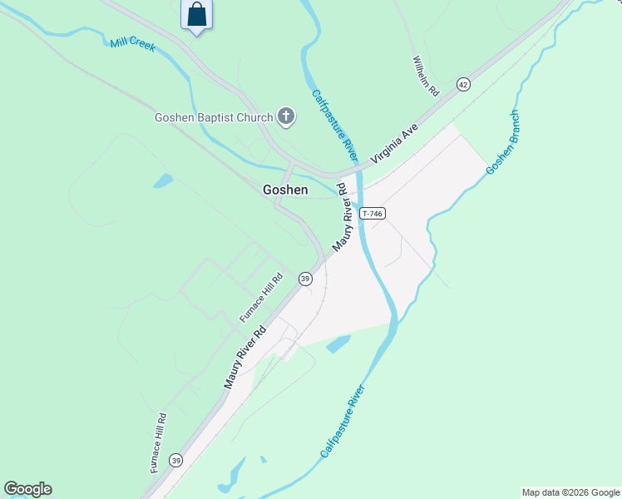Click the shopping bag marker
pyautogui.click(x=196, y=15)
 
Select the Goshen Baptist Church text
pyautogui.click(x=214, y=117)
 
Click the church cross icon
pyautogui.click(x=286, y=116)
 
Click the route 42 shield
pyautogui.click(x=463, y=85)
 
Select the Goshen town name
pyautogui.click(x=285, y=190)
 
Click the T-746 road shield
pyautogui.click(x=372, y=214)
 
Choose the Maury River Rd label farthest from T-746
pyautogui.click(x=244, y=356)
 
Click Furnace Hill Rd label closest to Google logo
pyautogui.click(x=159, y=442)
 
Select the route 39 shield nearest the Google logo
pyautogui.click(x=175, y=460)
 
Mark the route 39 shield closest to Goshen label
pyautogui.click(x=305, y=278)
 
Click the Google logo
pyautogui.click(x=27, y=489)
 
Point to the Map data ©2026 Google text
pyautogui.click(x=570, y=492)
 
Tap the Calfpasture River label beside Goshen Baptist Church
pyautogui.click(x=335, y=126)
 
